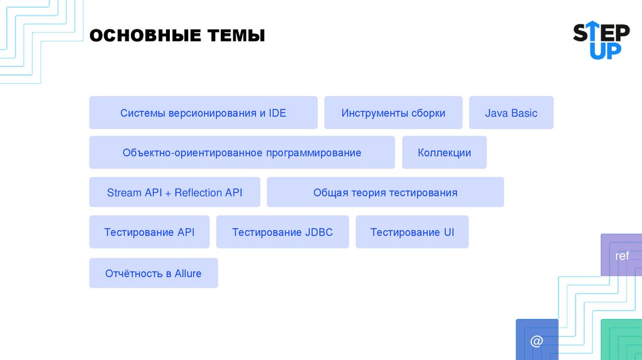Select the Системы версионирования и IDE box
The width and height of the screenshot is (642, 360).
coord(203,113)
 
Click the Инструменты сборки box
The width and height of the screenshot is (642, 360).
coord(393,113)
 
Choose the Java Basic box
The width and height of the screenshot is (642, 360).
coord(511,113)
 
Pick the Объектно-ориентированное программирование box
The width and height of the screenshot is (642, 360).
coord(242,152)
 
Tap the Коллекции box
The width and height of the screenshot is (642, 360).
coord(444,152)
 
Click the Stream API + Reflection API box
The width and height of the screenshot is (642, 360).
coord(174,193)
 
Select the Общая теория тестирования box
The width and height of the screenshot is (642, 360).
coord(385,193)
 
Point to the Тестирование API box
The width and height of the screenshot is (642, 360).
coord(149,232)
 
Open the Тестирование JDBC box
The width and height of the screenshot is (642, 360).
coord(282,232)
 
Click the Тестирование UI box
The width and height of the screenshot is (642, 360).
coord(412,232)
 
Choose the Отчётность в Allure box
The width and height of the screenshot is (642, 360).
coord(153,273)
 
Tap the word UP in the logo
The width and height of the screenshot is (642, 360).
coord(606,51)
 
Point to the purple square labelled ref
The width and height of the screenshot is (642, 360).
coord(621,255)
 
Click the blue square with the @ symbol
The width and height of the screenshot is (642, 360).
coord(537,341)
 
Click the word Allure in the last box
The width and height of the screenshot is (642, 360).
coord(188,273)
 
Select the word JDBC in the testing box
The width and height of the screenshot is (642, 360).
coord(319,232)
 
